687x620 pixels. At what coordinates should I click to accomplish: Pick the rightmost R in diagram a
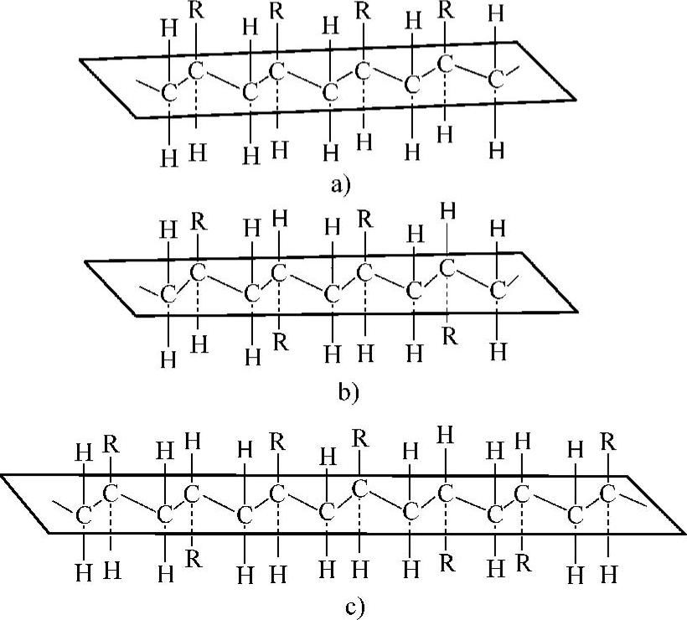pos(447,12)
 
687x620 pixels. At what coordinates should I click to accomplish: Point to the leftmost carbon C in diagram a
pos(168,92)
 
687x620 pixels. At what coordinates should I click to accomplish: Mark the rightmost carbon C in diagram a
pos(498,79)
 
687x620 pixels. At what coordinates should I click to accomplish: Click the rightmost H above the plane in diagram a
pos(498,14)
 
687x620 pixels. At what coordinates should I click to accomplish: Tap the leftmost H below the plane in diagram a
pos(170,157)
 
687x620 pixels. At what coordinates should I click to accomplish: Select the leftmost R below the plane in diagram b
pos(280,342)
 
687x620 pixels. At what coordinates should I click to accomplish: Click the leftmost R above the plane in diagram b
pos(199,222)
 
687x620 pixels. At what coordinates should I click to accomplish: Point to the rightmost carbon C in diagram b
pos(498,290)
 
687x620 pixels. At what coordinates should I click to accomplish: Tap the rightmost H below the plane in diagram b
pos(498,350)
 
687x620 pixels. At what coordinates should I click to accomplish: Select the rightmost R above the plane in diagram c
pos(609,440)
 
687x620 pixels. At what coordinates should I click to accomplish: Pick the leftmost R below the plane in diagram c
pos(193,558)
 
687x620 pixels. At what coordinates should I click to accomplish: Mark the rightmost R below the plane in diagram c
pos(524,561)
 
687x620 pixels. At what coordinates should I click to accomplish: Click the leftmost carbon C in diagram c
pos(85,515)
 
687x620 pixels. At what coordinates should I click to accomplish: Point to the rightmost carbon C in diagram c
pos(610,494)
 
